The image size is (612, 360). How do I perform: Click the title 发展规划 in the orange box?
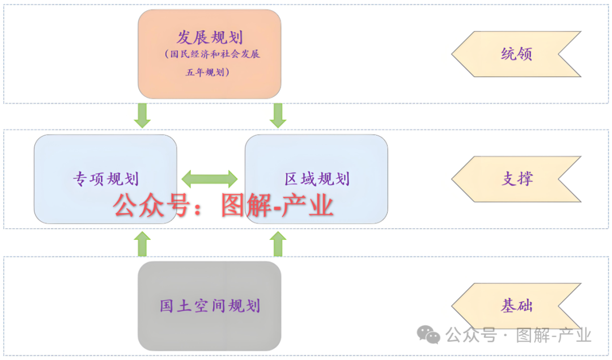pos(210,38)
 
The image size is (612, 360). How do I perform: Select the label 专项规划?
pos(105,179)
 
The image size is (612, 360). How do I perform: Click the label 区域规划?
pos(317,179)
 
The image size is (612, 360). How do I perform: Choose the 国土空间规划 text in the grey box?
pos(210,306)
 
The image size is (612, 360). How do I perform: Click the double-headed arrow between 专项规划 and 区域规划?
pos(210,179)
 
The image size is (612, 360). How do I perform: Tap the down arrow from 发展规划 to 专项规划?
pos(142,115)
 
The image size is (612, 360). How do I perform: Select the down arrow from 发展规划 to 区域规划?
pos(278,115)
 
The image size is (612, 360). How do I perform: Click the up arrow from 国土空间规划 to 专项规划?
pos(142,244)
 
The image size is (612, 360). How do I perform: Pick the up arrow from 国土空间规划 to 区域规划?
pos(278,244)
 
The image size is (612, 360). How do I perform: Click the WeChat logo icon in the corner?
pos(429,335)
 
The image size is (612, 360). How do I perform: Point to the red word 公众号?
pos(150,206)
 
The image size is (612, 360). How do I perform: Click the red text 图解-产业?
pos(277,206)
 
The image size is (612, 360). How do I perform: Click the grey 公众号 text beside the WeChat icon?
pos(470,336)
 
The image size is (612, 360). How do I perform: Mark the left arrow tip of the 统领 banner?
pos(453,54)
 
